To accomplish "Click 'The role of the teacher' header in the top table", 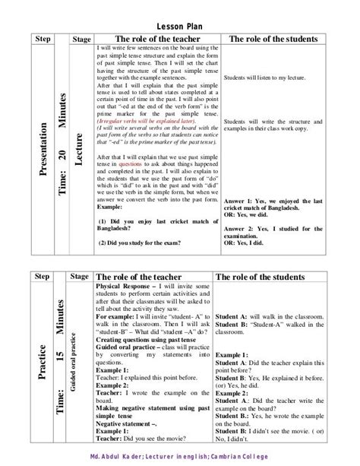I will click(157, 39).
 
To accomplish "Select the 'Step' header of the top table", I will click(43, 39).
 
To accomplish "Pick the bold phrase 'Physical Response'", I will click(122, 285).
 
